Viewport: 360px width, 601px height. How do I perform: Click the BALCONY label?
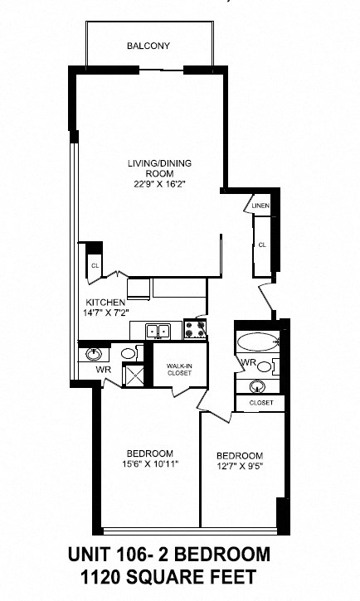point(148,46)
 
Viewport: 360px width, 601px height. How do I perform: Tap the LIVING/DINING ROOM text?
point(148,167)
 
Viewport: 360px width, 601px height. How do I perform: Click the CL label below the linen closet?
point(262,245)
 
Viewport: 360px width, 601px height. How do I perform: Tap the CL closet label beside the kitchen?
point(94,266)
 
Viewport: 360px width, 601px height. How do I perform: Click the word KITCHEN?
point(105,303)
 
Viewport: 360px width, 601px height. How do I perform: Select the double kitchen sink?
point(158,332)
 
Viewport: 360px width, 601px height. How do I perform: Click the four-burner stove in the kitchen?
point(195,330)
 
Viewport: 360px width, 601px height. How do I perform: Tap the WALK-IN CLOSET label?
point(179,369)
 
